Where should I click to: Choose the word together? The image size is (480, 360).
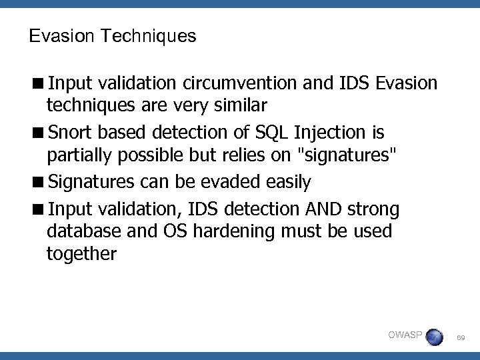click(x=81, y=254)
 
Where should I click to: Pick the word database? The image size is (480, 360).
click(x=79, y=233)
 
